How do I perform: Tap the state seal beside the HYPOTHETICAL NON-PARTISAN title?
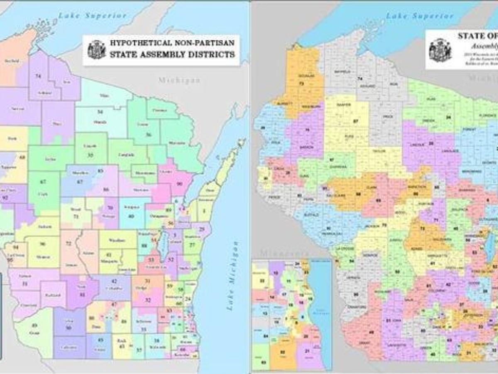point(96,50)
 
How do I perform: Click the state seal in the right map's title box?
point(440,50)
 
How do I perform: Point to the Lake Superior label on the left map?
point(92,16)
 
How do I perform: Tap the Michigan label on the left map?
point(179,80)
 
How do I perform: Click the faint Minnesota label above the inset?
point(282,253)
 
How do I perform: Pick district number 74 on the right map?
point(360,79)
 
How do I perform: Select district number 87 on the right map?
point(355,121)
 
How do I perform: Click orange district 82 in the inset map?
point(282,352)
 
